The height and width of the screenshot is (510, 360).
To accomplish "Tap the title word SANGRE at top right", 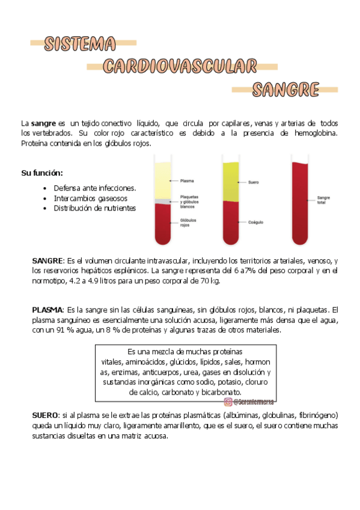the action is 285,90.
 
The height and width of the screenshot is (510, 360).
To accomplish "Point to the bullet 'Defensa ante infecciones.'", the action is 94,188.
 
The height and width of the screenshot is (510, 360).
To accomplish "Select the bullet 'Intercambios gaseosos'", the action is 90,198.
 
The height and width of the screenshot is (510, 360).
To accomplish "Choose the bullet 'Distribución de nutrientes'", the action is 94,208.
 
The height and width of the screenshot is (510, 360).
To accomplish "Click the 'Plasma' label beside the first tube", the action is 187,180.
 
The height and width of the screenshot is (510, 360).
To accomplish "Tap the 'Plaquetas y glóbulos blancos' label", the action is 189,200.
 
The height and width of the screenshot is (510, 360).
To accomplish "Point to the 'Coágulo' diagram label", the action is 256,222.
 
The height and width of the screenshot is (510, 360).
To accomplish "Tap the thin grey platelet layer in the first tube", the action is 163,201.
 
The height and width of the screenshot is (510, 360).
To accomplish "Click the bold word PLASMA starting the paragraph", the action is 46,309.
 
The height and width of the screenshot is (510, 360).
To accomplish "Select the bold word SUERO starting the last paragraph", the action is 44,416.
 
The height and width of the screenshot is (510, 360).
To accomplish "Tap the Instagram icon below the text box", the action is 228,402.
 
